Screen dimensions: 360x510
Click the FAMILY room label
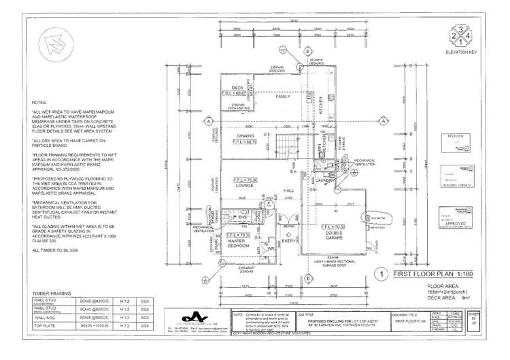tap(283, 97)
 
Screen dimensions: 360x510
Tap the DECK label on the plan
tap(237, 88)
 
